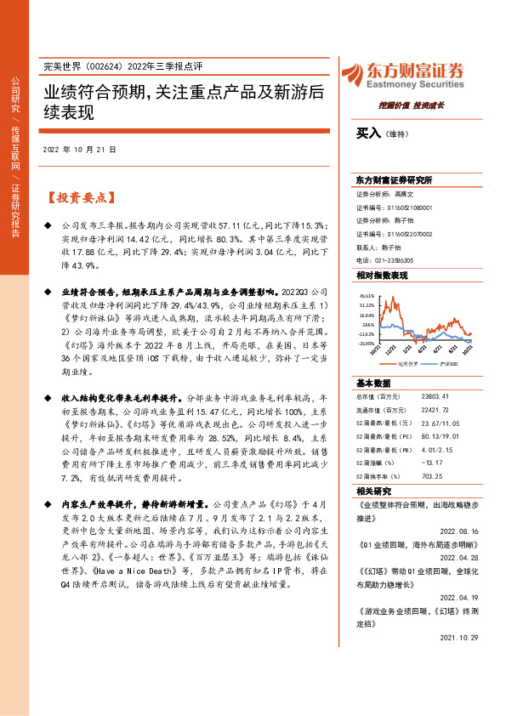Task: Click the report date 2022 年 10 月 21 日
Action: coord(78,150)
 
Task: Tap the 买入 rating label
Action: coord(368,133)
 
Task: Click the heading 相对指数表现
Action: coord(384,276)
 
